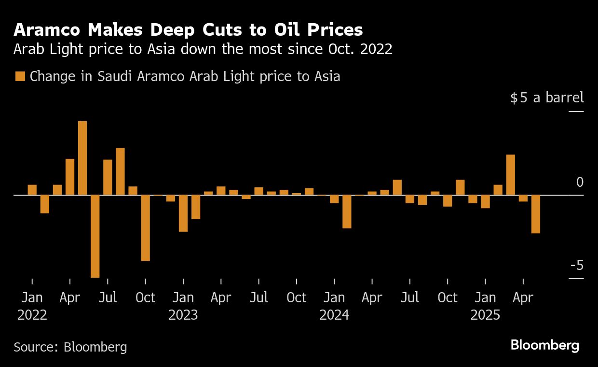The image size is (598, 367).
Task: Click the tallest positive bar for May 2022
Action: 82,158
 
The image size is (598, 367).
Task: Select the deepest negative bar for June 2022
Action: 95,236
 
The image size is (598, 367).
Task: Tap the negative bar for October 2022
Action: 145,228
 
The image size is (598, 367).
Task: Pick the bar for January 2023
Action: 183,213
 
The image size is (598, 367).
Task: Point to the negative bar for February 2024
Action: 347,212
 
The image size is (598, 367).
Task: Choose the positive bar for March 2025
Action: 511,175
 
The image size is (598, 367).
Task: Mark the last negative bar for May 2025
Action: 536,214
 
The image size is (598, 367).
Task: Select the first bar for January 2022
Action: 32,190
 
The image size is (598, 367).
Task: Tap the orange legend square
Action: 20,76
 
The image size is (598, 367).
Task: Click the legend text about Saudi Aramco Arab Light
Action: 185,76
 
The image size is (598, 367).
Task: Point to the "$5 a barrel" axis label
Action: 547,98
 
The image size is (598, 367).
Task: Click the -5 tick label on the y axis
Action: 576,266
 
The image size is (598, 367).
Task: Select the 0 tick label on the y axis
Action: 580,183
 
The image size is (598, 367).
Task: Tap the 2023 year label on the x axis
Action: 183,315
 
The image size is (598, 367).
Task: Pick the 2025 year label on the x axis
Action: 485,315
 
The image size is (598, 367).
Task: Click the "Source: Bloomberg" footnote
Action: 70,347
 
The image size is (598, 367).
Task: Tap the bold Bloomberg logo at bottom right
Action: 544,345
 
